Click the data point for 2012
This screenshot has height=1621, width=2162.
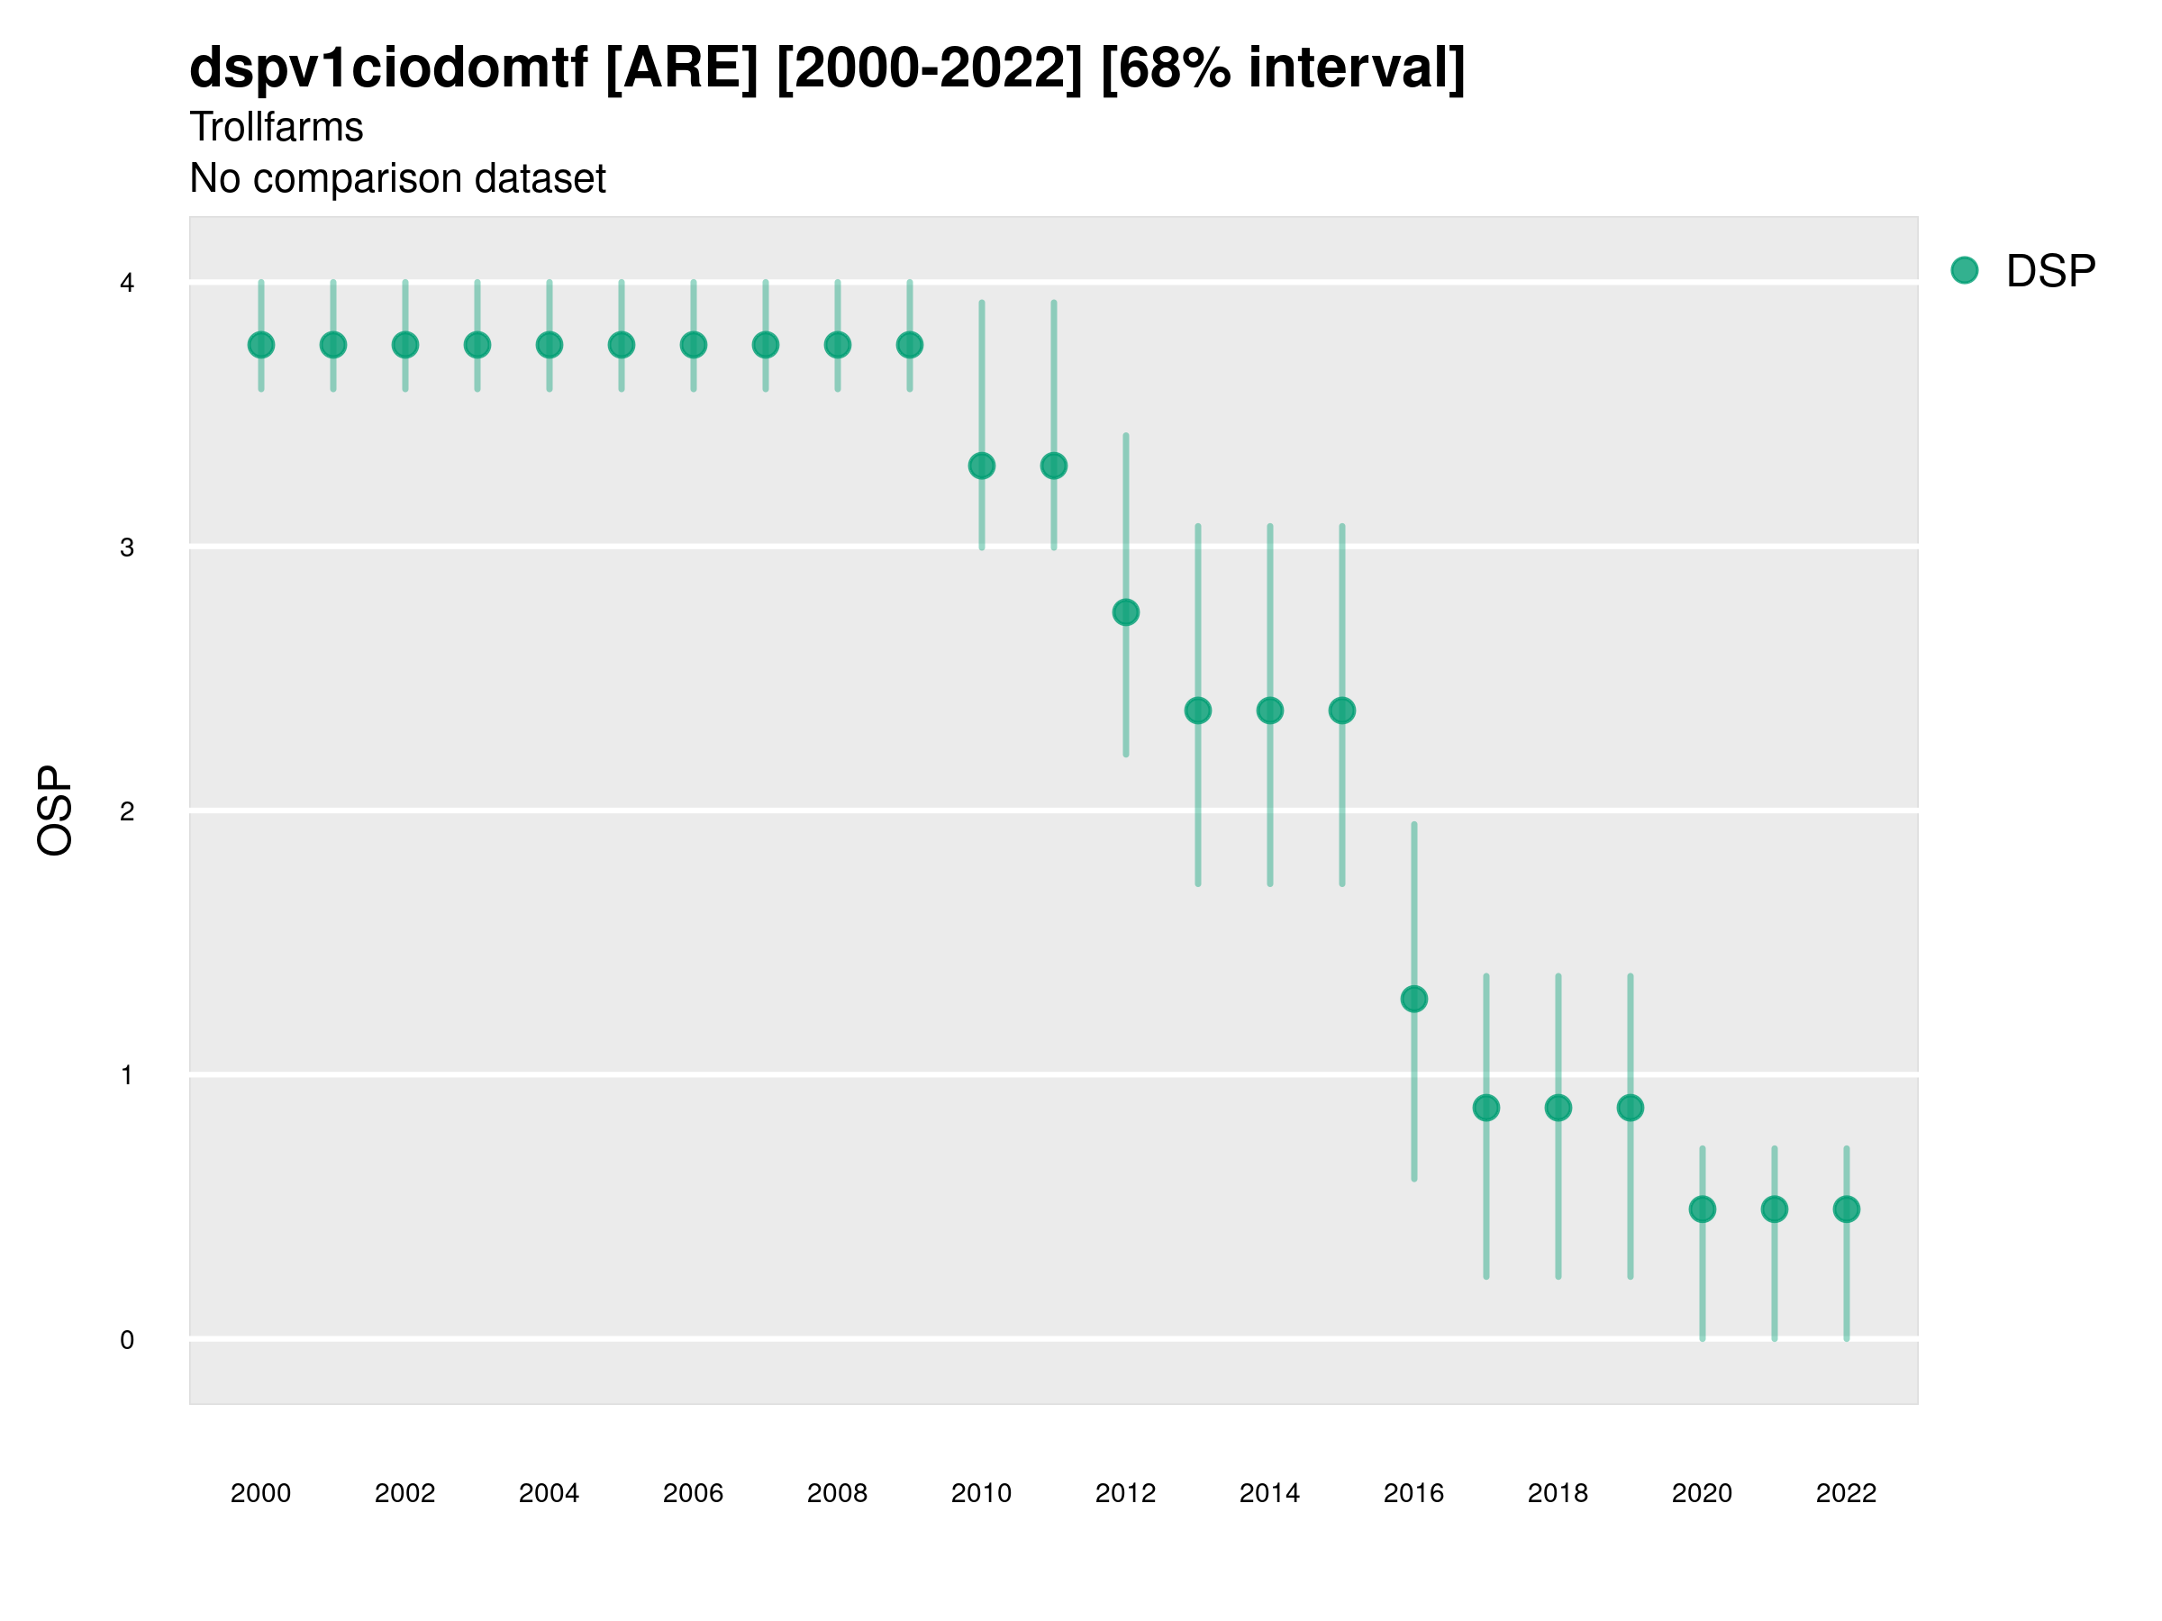(1126, 612)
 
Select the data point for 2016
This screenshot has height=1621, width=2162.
(1414, 999)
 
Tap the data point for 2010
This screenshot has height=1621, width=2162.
(981, 466)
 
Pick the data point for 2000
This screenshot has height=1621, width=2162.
(261, 345)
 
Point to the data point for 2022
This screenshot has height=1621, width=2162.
(1847, 1209)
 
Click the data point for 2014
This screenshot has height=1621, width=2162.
(1269, 711)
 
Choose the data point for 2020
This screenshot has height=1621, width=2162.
(1703, 1209)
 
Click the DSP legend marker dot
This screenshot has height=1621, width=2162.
(1965, 271)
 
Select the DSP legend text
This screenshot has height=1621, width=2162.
(2050, 272)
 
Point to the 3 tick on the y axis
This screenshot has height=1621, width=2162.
(127, 548)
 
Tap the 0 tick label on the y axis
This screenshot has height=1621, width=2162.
(127, 1340)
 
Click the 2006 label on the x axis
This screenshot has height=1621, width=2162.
(693, 1493)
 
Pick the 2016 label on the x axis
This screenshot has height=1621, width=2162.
(1413, 1493)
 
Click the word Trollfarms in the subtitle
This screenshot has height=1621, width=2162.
(277, 127)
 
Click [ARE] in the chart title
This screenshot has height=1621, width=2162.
(681, 68)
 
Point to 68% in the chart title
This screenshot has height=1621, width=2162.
(1173, 68)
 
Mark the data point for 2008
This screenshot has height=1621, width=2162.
(838, 345)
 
